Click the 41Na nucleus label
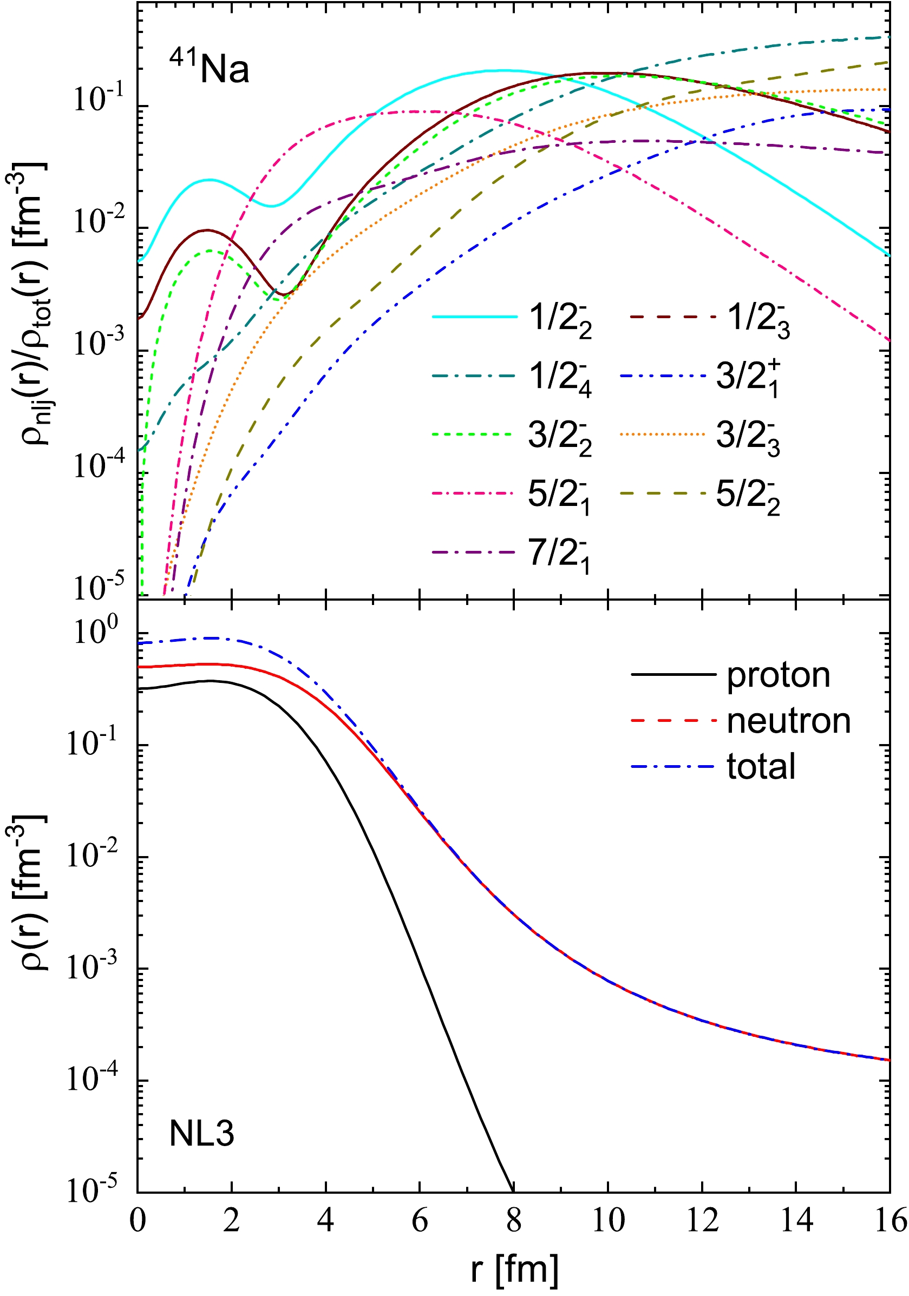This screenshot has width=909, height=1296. (209, 68)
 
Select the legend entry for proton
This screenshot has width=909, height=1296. (777, 675)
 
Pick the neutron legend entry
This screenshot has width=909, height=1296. (788, 721)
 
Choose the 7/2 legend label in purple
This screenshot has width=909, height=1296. (559, 554)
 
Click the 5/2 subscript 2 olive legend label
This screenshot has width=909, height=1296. (748, 496)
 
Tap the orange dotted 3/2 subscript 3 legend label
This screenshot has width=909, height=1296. (748, 437)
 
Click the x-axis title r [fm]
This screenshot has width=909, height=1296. (514, 1270)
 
